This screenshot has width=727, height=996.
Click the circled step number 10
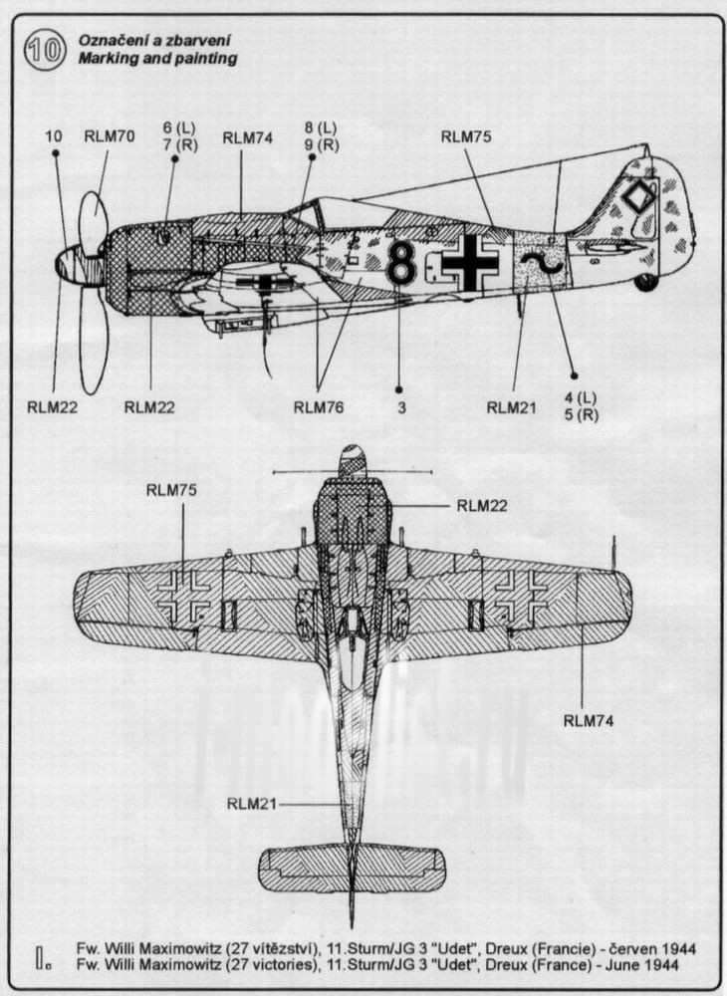point(44,50)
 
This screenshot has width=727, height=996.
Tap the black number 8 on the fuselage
point(401,260)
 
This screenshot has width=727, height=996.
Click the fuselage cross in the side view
point(470,262)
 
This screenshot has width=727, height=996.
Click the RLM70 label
point(110,135)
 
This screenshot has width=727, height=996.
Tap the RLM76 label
point(319,407)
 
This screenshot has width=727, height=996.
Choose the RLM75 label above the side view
point(466,136)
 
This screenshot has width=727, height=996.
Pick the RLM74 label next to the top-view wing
point(589,721)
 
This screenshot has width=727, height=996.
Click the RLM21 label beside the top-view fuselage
point(252,804)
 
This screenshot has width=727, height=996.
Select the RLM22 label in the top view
point(482,506)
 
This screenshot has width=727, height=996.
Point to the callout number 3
point(401,407)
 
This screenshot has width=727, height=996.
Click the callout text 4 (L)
point(581,398)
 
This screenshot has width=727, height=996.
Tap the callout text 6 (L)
point(179,128)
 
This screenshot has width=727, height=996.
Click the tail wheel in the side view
point(646,282)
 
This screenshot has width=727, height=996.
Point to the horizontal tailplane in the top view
point(352,869)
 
